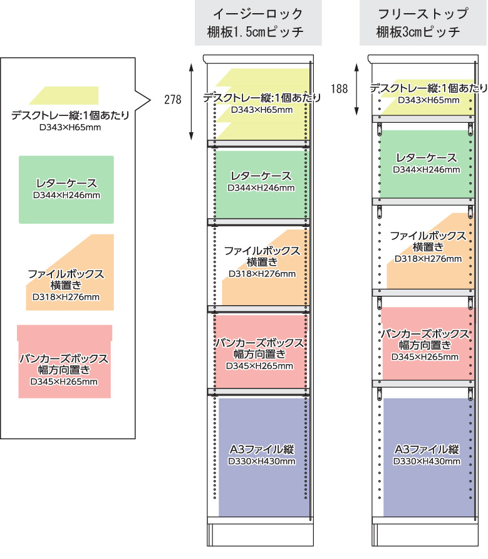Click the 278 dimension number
173,99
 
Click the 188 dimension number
339,88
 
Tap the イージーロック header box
257,23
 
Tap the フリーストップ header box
422,23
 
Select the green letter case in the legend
66,189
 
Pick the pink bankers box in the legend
65,363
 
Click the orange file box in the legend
69,276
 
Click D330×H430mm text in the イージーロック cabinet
262,462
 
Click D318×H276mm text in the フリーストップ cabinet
428,258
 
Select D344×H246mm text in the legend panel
66,195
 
